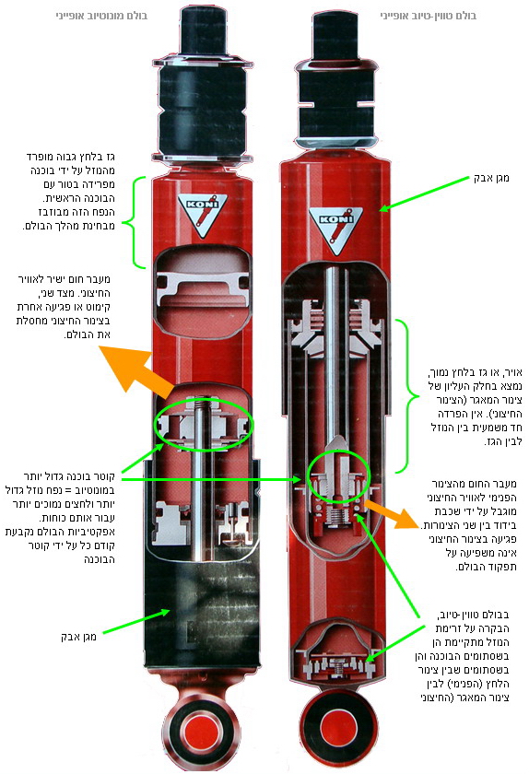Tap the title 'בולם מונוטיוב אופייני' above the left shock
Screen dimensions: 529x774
point(101,16)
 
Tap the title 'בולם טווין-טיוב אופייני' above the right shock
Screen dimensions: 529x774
point(429,16)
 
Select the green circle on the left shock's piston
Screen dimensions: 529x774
point(204,425)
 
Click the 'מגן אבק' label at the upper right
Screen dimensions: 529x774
point(491,178)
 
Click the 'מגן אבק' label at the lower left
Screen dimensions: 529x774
point(78,637)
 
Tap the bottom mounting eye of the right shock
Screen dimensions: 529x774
point(339,728)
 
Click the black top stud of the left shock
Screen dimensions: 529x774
point(203,29)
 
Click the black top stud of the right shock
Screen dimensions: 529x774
point(335,36)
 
